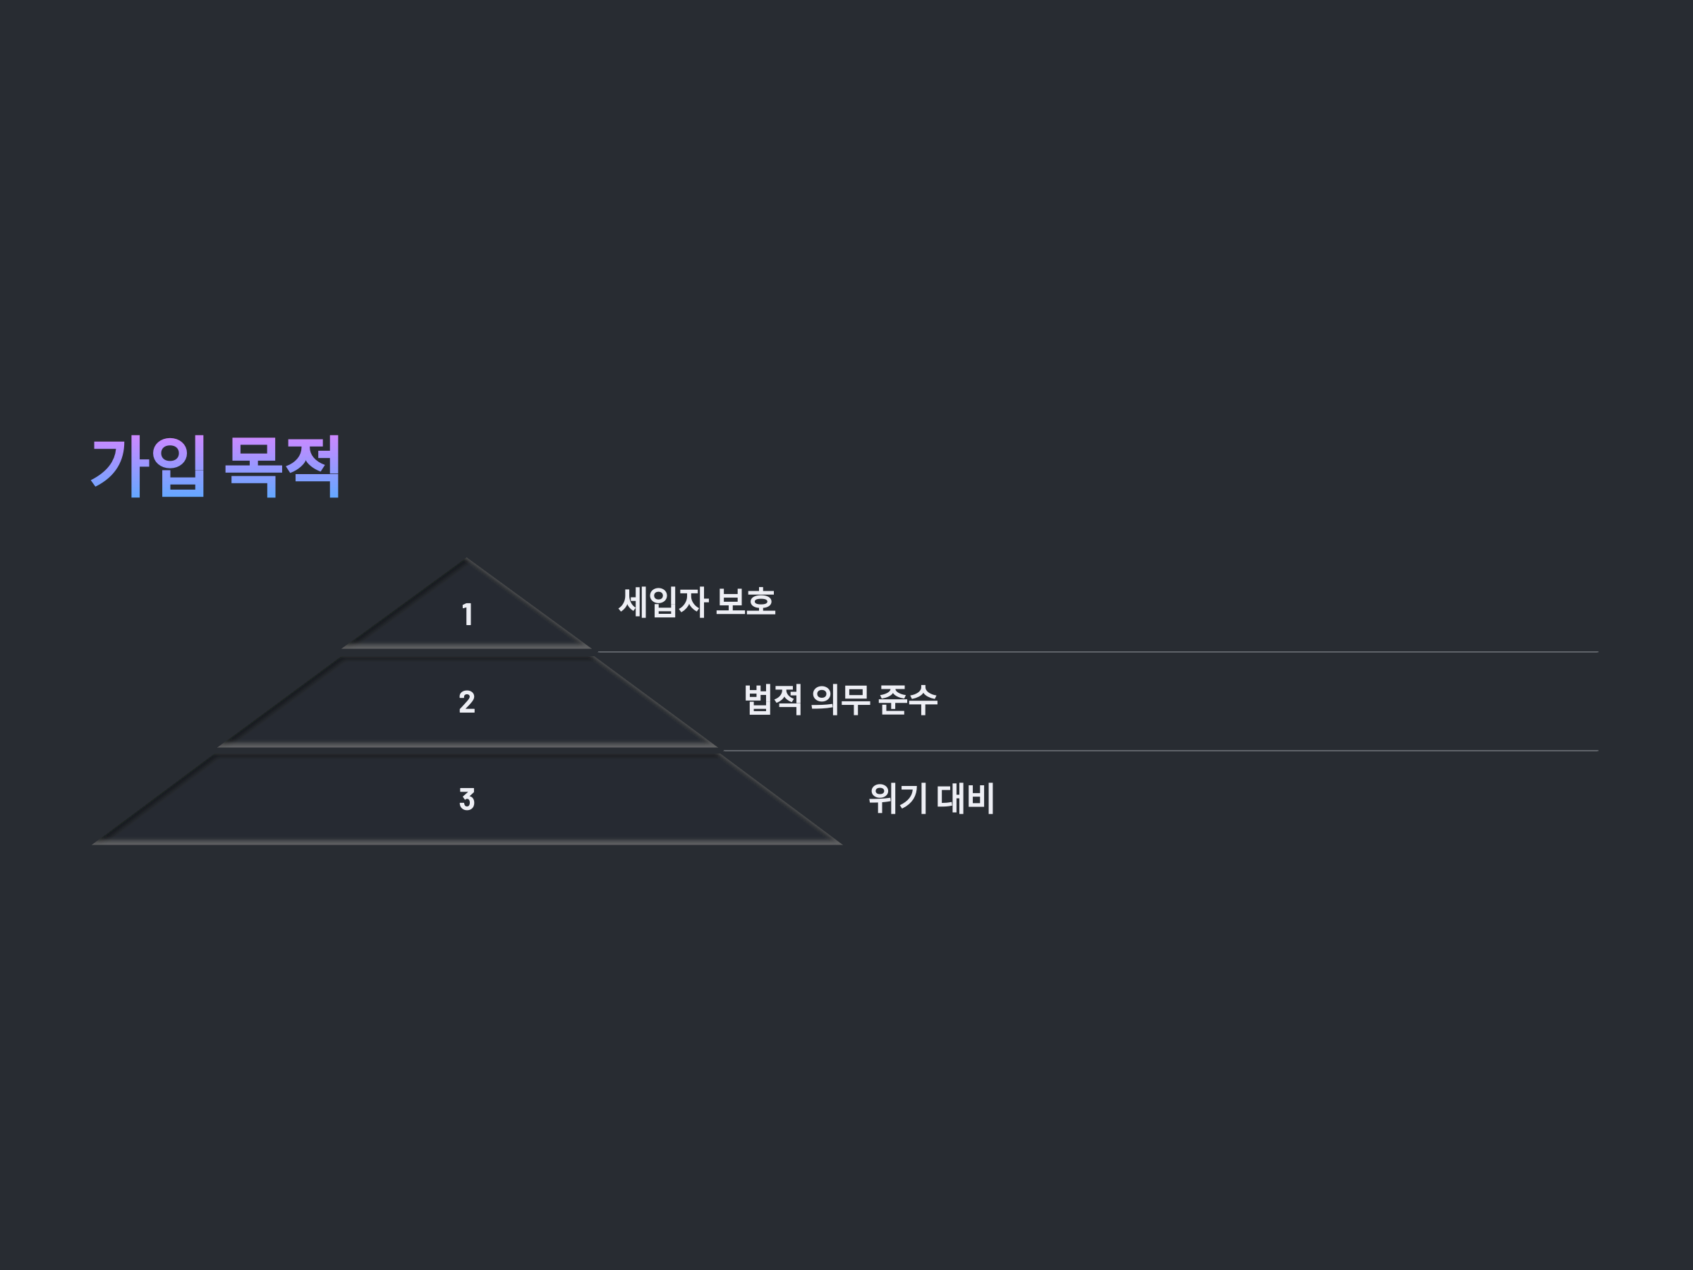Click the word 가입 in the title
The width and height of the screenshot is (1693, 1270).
pyautogui.click(x=148, y=466)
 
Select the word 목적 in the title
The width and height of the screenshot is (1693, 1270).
pyautogui.click(x=282, y=466)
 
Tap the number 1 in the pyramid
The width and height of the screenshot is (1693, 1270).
pyautogui.click(x=467, y=615)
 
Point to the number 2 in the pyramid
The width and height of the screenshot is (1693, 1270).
pyautogui.click(x=467, y=702)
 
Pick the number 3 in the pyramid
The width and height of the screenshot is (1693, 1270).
pyautogui.click(x=467, y=799)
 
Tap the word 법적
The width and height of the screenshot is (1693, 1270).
pyautogui.click(x=773, y=700)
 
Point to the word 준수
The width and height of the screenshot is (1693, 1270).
pyautogui.click(x=907, y=700)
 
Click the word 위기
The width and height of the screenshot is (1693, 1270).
pyautogui.click(x=898, y=799)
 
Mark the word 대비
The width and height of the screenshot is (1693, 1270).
pyautogui.click(x=965, y=799)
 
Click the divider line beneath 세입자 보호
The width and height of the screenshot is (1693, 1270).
pyautogui.click(x=1095, y=652)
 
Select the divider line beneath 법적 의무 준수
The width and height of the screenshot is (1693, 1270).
pyautogui.click(x=1155, y=751)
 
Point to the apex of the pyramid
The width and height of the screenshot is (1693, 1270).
pyautogui.click(x=466, y=560)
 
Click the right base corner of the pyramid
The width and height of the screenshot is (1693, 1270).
pyautogui.click(x=839, y=844)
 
